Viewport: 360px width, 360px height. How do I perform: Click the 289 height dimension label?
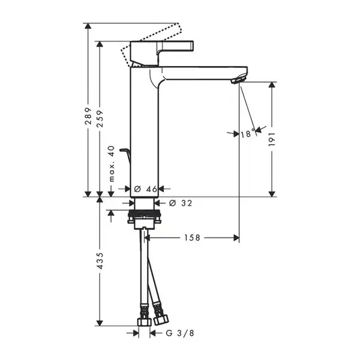[88, 116]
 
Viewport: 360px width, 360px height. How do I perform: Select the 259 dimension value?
[100, 119]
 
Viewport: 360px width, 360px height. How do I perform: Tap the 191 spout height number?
[272, 139]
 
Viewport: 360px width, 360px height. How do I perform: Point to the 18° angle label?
[248, 133]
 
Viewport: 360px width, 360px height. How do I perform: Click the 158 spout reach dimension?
[193, 238]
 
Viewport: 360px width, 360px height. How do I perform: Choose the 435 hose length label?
[100, 261]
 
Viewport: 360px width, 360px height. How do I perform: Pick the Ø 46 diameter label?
[146, 189]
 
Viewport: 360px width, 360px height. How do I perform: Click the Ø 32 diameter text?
[181, 203]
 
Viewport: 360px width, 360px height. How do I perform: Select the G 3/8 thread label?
[180, 333]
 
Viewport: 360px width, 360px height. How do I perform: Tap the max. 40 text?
[112, 163]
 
